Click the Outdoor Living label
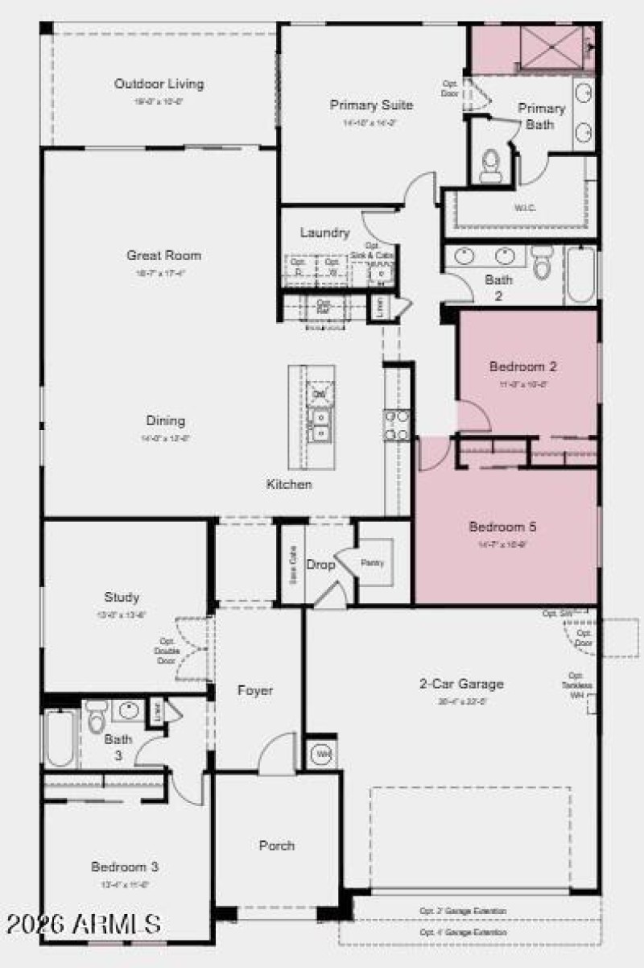[159, 84]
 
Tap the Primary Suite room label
[371, 105]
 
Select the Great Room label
[163, 255]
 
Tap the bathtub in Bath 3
[60, 737]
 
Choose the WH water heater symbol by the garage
[322, 755]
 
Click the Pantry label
[372, 562]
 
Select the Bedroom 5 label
[502, 527]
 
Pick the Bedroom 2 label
[523, 366]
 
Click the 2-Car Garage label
[461, 684]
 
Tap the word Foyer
[254, 690]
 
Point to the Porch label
[276, 846]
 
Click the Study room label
[122, 597]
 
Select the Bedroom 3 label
[124, 867]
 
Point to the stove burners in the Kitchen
[396, 424]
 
